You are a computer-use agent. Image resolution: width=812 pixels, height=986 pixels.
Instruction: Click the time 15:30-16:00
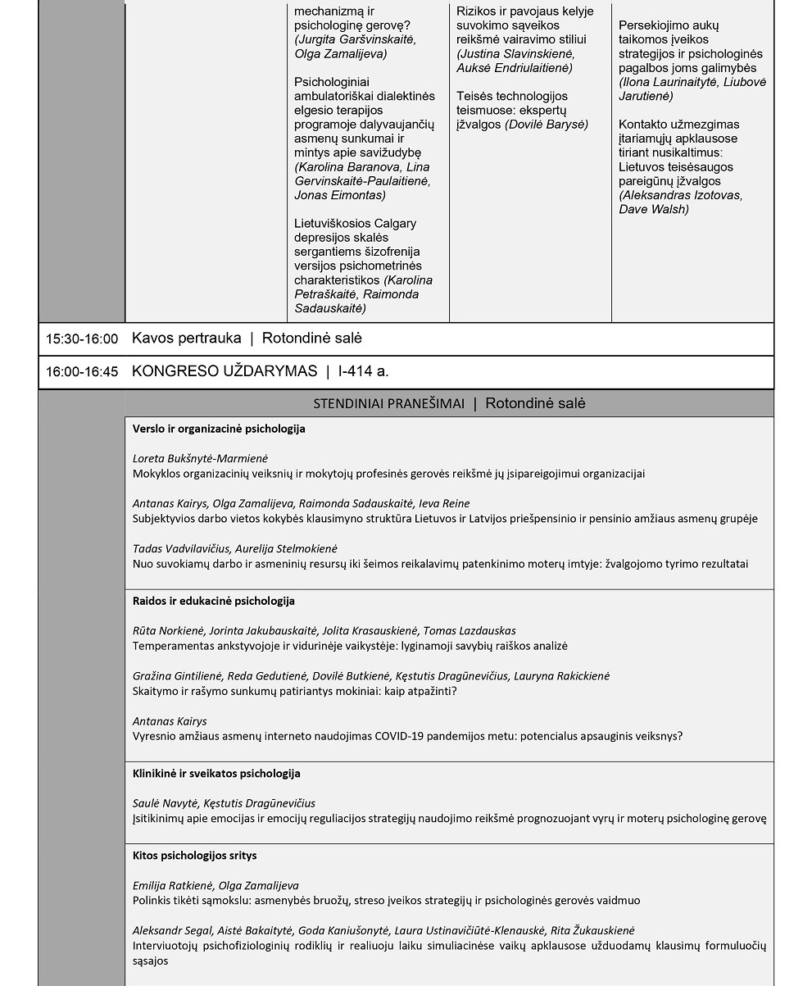point(82,339)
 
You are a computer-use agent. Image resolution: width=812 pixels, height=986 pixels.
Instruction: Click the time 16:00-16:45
point(82,372)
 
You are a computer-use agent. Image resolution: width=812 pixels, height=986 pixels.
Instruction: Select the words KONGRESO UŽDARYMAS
point(224,371)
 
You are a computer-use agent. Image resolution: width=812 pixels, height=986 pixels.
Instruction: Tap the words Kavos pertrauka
point(186,339)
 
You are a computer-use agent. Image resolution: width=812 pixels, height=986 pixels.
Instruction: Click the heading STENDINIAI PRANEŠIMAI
point(388,403)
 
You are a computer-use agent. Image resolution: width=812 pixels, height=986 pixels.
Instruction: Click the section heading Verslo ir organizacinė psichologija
point(219,429)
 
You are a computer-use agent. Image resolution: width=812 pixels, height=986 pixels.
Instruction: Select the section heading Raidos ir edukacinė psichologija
point(213,601)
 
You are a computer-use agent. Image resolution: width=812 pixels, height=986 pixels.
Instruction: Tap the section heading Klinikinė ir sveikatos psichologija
point(216,773)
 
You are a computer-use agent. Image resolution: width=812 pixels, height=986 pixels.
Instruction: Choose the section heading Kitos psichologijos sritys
point(194,855)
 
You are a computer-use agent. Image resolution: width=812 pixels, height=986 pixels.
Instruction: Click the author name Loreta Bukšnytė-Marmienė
point(200,459)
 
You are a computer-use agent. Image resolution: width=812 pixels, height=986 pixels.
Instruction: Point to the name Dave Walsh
point(653,209)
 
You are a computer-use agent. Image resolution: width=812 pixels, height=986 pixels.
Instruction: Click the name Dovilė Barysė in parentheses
point(547,125)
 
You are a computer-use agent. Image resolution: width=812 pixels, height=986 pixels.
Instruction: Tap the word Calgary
point(395,224)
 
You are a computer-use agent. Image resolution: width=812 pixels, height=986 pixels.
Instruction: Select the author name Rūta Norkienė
point(168,631)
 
